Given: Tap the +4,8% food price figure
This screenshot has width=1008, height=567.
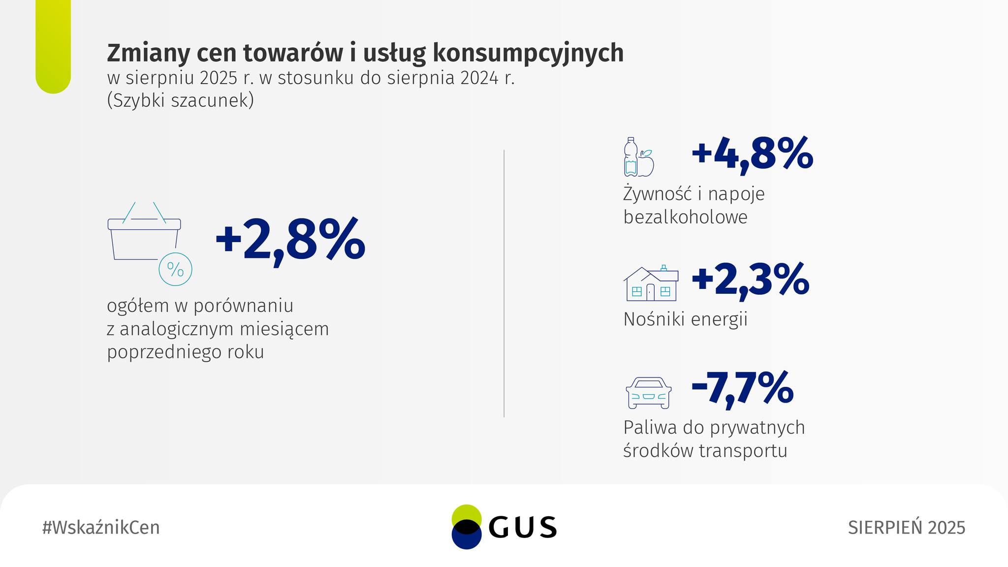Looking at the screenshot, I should pos(752,154).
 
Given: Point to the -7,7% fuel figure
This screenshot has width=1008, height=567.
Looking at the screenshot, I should pos(742,389).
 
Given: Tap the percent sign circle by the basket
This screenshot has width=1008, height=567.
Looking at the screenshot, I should pos(175,269).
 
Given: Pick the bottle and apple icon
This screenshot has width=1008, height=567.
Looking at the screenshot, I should pos(638,157).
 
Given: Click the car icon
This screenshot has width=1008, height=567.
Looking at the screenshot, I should pos(648,393).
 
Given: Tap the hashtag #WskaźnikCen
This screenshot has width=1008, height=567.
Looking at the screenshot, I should pos(101,528).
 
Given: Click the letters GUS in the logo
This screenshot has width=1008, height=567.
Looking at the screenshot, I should pos(523,528).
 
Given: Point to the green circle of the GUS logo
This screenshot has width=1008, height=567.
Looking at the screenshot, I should pos(466,516).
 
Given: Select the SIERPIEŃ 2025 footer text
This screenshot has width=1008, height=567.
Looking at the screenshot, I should pos(907,528).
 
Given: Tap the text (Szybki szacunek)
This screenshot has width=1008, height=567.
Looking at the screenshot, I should pos(180,100).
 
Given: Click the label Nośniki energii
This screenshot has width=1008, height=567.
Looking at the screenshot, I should pos(685,319).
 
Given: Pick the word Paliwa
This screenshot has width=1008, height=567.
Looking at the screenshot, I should pos(650,427).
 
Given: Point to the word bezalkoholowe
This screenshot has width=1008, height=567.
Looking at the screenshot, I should pos(685,217).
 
